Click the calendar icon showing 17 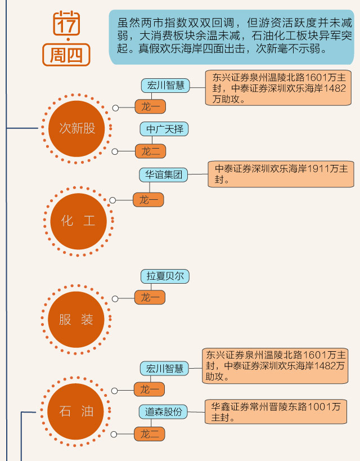tap(67, 24)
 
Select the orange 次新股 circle tap(78, 128)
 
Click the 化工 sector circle tap(78, 220)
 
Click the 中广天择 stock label tap(164, 129)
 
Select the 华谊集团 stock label tap(163, 174)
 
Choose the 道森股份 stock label tap(164, 411)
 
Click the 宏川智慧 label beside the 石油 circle tap(164, 369)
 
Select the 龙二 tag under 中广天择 tap(150, 151)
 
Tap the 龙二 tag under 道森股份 tap(150, 434)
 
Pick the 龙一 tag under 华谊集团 tap(148, 199)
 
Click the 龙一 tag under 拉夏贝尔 tap(150, 297)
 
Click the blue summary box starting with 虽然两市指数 tap(231, 36)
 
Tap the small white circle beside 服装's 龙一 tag tap(115, 299)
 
